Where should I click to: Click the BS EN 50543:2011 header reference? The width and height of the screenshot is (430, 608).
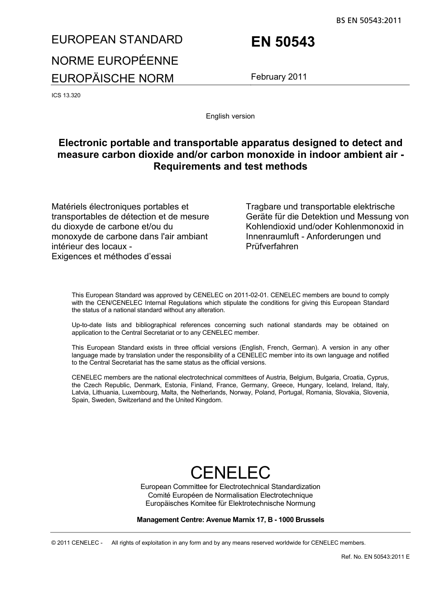tap(368, 20)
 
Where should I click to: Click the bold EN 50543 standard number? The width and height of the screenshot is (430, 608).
tap(283, 42)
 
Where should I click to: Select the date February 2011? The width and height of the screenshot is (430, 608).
tap(279, 76)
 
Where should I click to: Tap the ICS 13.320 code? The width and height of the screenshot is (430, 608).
tap(66, 95)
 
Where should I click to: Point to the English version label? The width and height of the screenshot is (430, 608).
tap(230, 116)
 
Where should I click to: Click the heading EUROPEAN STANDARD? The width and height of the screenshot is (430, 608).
tap(117, 40)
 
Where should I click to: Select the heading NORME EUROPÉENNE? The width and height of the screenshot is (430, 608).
tap(115, 61)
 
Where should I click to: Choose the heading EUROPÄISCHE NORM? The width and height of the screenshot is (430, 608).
tap(112, 78)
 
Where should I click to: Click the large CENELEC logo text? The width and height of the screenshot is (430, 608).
tap(230, 473)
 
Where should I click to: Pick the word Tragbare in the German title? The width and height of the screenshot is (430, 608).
tap(264, 207)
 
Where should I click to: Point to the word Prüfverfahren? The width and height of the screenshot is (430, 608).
tap(272, 247)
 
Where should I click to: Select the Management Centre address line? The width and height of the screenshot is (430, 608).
tap(230, 520)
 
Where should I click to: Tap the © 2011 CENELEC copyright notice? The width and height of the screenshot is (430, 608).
tap(77, 543)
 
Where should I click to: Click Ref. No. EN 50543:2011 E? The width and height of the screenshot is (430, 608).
tap(375, 556)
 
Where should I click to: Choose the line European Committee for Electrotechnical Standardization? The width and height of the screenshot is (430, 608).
tap(230, 487)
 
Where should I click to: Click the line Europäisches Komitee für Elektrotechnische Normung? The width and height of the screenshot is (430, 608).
tap(230, 503)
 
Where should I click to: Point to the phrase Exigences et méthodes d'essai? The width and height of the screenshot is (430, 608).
tap(111, 256)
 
